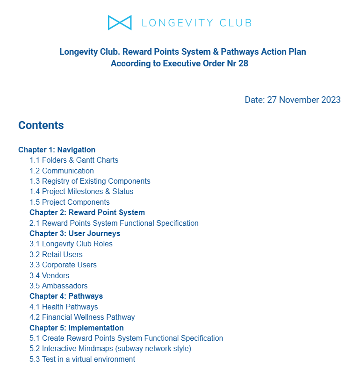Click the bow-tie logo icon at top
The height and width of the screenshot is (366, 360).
pyautogui.click(x=119, y=22)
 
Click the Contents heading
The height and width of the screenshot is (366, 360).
pyautogui.click(x=41, y=125)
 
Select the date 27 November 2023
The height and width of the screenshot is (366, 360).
pyautogui.click(x=303, y=100)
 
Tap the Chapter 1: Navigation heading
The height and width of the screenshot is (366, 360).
pyautogui.click(x=57, y=150)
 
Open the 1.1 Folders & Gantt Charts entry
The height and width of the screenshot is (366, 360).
pyautogui.click(x=74, y=160)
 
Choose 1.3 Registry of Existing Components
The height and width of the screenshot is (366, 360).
pyautogui.click(x=90, y=181)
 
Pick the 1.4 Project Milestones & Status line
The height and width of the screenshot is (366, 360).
pyautogui.click(x=81, y=192)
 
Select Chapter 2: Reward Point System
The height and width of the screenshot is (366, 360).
pyautogui.click(x=87, y=213)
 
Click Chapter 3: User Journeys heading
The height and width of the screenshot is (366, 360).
pyautogui.click(x=75, y=234)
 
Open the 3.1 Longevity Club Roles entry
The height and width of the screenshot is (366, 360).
pyautogui.click(x=71, y=244)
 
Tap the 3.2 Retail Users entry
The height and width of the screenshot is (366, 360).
pyautogui.click(x=56, y=255)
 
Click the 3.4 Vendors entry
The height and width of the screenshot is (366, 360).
pyautogui.click(x=50, y=276)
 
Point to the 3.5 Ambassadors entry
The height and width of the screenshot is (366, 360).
pyautogui.click(x=58, y=286)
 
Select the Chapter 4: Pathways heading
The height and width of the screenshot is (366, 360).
pyautogui.click(x=66, y=296)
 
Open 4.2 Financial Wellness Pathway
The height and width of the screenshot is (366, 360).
pyautogui.click(x=82, y=317)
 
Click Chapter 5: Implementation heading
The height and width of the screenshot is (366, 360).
pyautogui.click(x=77, y=328)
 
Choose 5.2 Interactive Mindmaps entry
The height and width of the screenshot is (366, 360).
pyautogui.click(x=110, y=349)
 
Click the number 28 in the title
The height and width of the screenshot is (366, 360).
pyautogui.click(x=243, y=64)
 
